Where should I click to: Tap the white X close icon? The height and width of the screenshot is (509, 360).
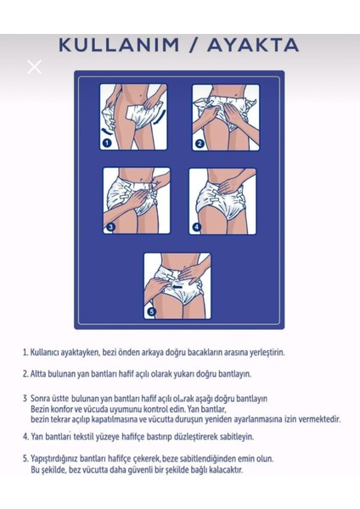click(34, 66)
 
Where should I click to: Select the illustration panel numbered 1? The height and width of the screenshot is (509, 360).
click(132, 117)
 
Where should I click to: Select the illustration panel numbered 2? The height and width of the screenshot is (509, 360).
click(225, 117)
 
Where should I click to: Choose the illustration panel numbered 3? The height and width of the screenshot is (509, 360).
click(136, 200)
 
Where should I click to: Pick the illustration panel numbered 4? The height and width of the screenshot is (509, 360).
click(222, 200)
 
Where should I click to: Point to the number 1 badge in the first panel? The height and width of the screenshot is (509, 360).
click(107, 143)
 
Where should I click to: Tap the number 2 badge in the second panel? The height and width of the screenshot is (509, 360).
click(199, 143)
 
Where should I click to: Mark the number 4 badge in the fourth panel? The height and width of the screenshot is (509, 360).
click(196, 227)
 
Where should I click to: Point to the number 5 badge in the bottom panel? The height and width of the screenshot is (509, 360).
click(152, 311)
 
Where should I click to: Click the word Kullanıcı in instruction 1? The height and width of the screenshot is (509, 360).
click(50, 351)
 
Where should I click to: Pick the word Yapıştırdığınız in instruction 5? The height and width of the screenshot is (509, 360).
click(60, 458)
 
